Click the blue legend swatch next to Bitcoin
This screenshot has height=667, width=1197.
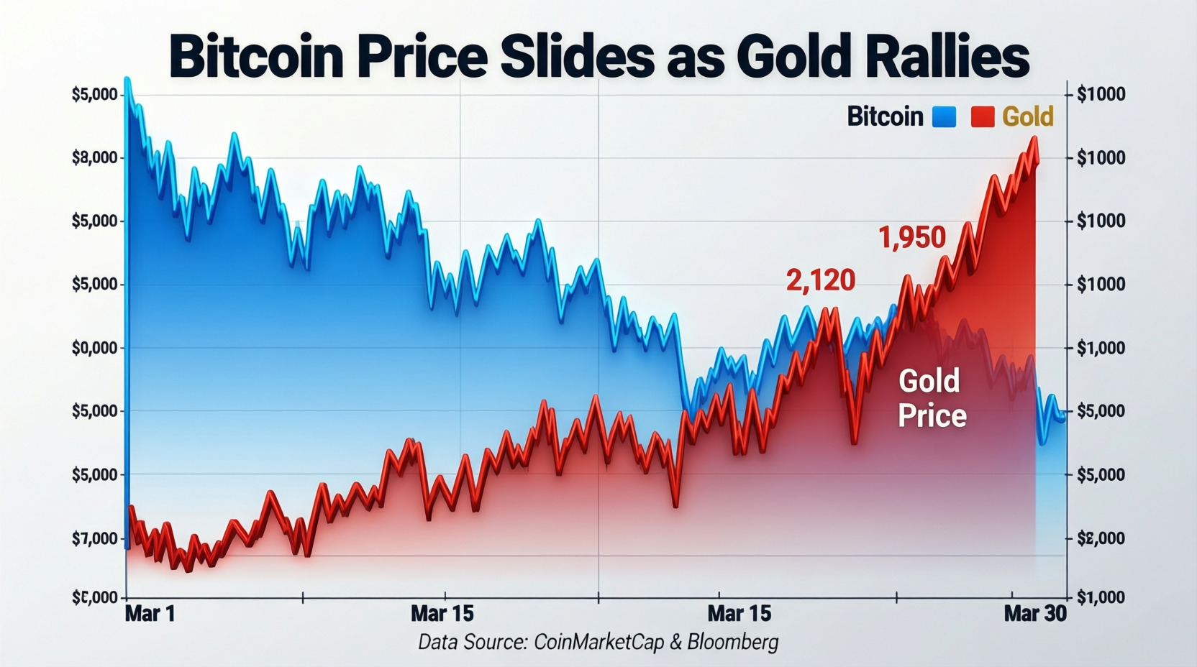point(944,116)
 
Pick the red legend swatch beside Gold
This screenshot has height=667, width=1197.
point(983,116)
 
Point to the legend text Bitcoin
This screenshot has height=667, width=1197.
point(885,116)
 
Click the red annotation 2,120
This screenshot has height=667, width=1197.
point(820,280)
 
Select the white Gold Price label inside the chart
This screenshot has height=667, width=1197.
point(931,398)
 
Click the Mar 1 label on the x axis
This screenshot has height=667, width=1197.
point(150,614)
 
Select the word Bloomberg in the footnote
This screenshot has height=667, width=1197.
point(732,642)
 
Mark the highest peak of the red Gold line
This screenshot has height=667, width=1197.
point(1034,137)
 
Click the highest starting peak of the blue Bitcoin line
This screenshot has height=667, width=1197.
point(127,78)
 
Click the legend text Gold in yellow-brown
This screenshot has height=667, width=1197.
point(1028,116)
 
